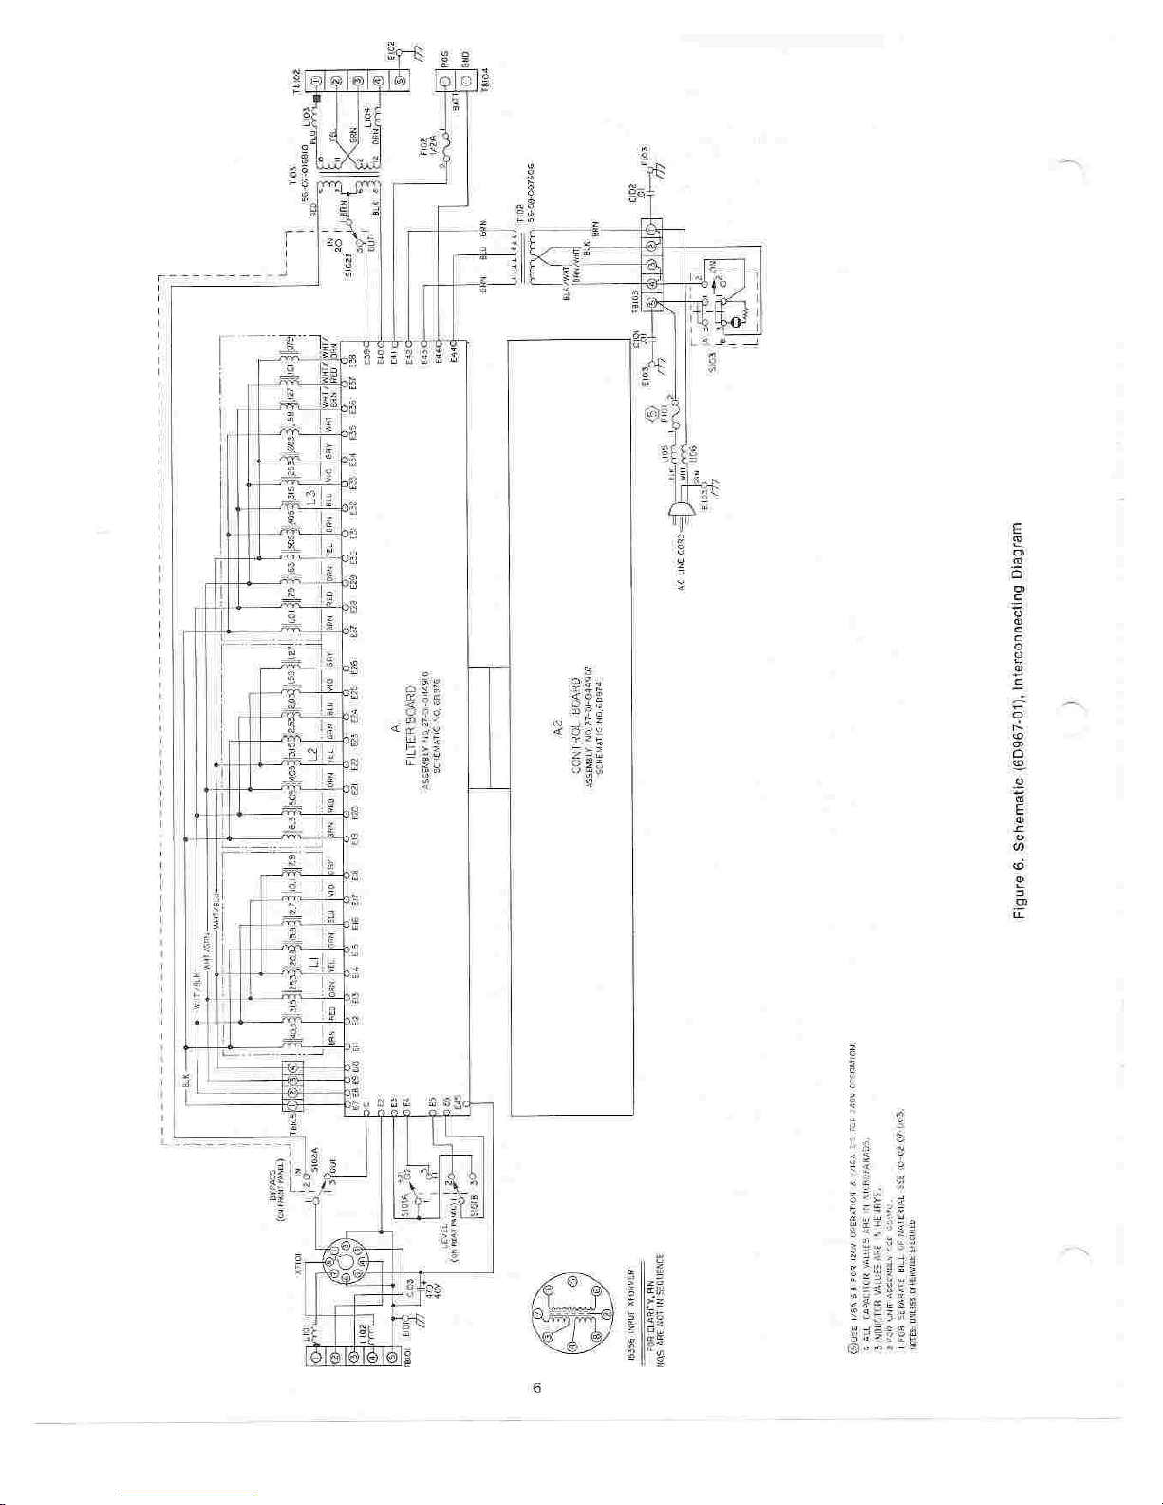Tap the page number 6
[x=536, y=1388]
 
